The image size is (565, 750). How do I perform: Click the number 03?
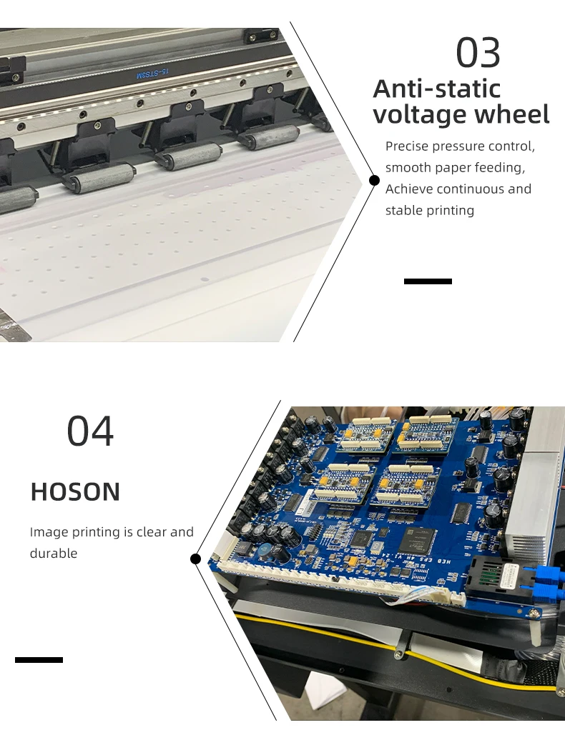coord(478,52)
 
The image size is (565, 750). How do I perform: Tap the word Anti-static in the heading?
coord(437,89)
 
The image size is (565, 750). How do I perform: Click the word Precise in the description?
coord(407,146)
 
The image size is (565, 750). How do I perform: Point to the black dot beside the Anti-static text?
coord(375,180)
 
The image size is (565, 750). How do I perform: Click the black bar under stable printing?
coord(428,281)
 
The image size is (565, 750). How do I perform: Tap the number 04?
coord(90,431)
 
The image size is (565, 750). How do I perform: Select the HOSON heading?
coord(75,491)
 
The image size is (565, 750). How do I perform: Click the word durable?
coord(54,554)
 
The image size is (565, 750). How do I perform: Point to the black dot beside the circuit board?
coord(195,559)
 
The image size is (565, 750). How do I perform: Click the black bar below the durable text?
coord(39,660)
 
